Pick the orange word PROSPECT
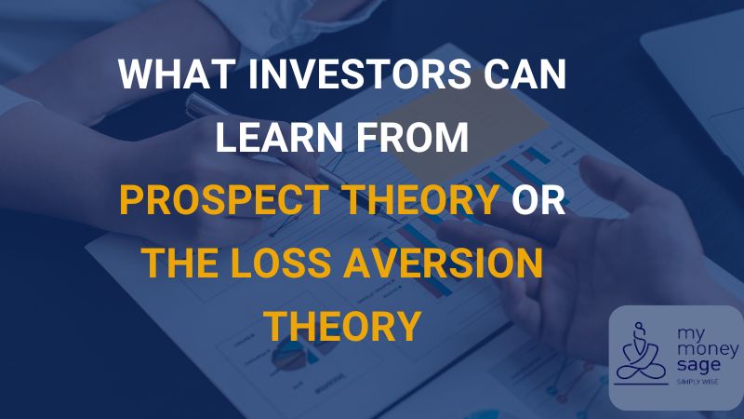[x=218, y=201]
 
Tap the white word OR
[x=539, y=201]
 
